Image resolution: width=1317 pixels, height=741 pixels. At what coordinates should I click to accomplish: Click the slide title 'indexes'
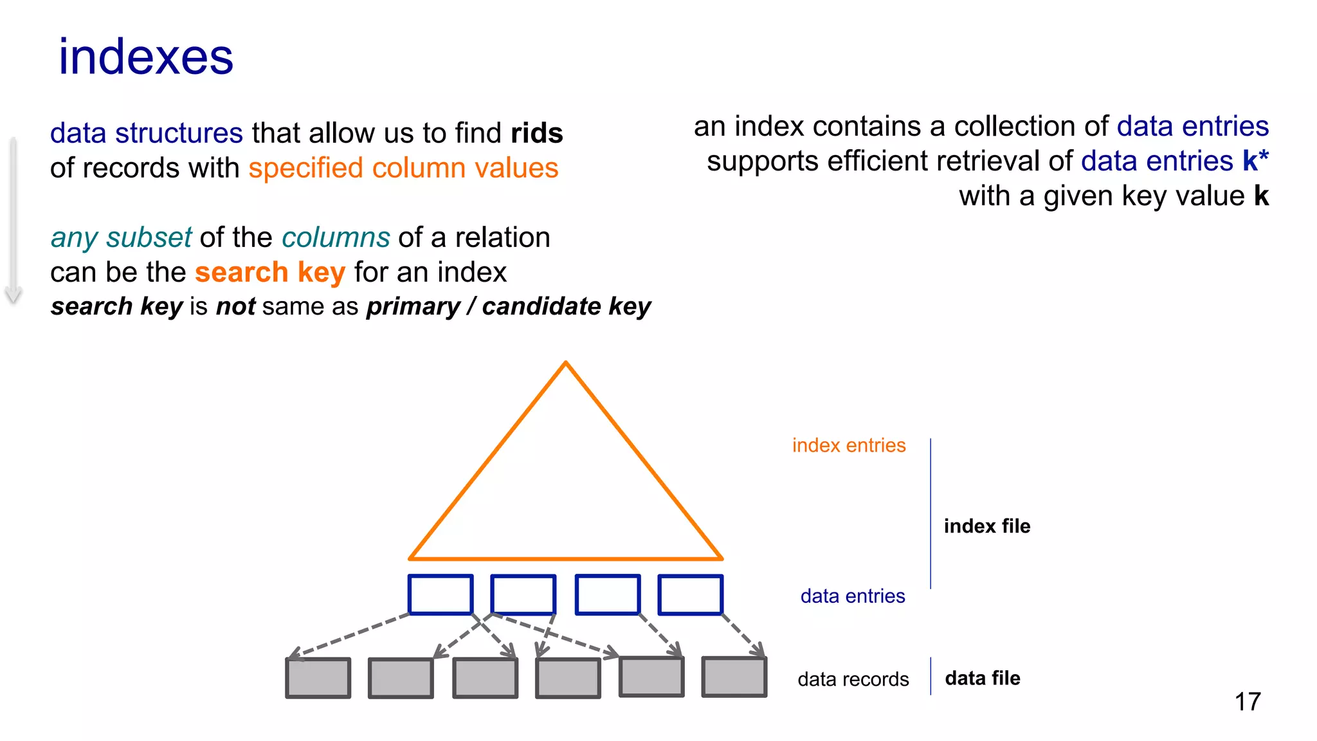coord(146,57)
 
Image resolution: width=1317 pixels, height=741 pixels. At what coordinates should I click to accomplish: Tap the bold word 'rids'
coord(537,133)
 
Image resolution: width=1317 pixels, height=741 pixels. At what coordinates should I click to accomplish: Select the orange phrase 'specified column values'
coord(403,168)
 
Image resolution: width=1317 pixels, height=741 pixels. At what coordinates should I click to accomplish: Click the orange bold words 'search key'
coord(270,272)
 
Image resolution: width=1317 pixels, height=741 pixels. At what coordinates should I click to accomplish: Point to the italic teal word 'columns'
coord(336,237)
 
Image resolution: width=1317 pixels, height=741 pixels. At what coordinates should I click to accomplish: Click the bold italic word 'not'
coord(235,306)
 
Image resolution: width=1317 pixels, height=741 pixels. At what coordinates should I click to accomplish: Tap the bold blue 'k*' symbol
coord(1255,161)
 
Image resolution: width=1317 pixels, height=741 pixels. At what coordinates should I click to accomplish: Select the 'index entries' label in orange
coord(848,445)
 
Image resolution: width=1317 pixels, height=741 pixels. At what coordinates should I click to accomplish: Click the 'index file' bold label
coord(986,526)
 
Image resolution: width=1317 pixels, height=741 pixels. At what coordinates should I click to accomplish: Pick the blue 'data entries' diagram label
coord(852,596)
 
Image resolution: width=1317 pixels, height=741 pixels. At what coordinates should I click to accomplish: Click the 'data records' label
coord(853,679)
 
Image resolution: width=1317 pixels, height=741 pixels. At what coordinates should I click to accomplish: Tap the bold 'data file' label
coord(982,678)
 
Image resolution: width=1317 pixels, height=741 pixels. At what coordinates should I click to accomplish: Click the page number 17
coord(1247,702)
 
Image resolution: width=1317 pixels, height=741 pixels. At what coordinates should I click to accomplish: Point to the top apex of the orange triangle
coord(565,363)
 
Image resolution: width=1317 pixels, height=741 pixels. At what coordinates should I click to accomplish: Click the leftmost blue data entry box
coord(441,594)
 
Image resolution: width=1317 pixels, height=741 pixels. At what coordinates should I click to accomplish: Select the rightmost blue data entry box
coord(690,594)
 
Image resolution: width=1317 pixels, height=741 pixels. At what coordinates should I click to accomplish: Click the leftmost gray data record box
coord(318,677)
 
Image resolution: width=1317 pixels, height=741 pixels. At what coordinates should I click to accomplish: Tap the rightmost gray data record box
coord(734,676)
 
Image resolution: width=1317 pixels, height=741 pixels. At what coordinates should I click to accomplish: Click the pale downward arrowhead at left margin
coord(14,295)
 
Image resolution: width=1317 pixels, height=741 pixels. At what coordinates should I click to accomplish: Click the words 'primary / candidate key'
coord(508,306)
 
